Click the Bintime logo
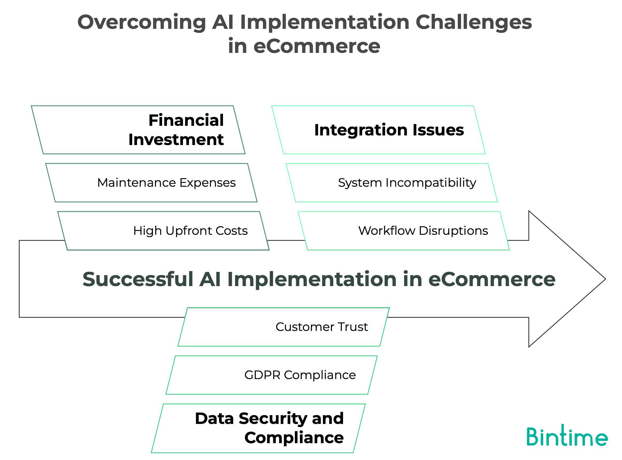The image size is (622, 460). point(567,436)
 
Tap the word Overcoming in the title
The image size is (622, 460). point(141,22)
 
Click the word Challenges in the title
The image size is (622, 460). point(474,22)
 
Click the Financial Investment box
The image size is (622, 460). point(138,130)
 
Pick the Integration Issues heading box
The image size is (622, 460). point(378,130)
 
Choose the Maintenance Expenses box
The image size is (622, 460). point(151,183)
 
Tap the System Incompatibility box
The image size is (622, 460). point(392,183)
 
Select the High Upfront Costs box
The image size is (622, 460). point(163,231)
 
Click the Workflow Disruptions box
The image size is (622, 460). point(404,231)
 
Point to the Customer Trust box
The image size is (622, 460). point(284,327)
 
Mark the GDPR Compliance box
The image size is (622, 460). point(272,375)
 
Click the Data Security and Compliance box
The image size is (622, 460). point(258,428)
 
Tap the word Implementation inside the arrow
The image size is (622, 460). point(312,279)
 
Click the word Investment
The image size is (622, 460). point(176,139)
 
